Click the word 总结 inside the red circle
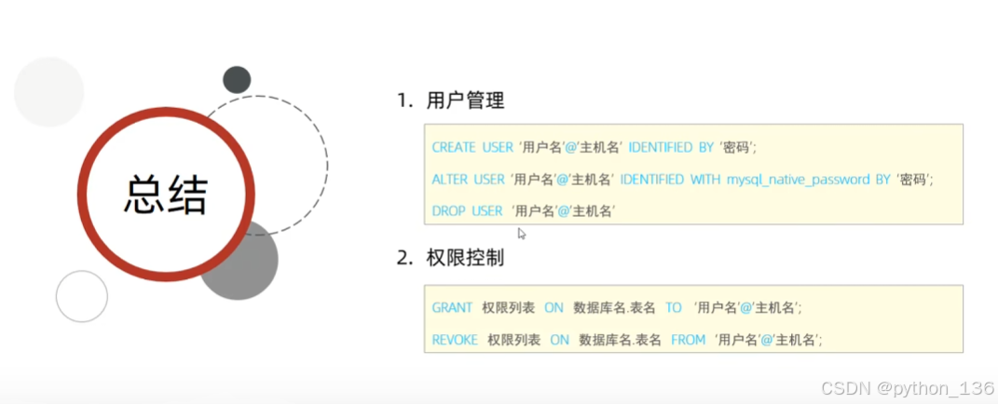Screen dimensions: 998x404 [x=166, y=194]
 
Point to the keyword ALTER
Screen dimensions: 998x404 [x=450, y=180]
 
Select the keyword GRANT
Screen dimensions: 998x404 [x=453, y=307]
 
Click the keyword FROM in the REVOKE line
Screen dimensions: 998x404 [x=688, y=340]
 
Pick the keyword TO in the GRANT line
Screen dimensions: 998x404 [x=673, y=307]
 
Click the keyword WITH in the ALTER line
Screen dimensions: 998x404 [x=704, y=180]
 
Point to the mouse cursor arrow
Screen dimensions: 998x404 [x=522, y=234]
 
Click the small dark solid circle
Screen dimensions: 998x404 [x=237, y=80]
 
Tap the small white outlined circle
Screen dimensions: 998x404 [x=82, y=296]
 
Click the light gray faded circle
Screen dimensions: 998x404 [x=48, y=91]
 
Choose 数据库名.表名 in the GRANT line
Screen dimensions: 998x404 [x=614, y=307]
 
